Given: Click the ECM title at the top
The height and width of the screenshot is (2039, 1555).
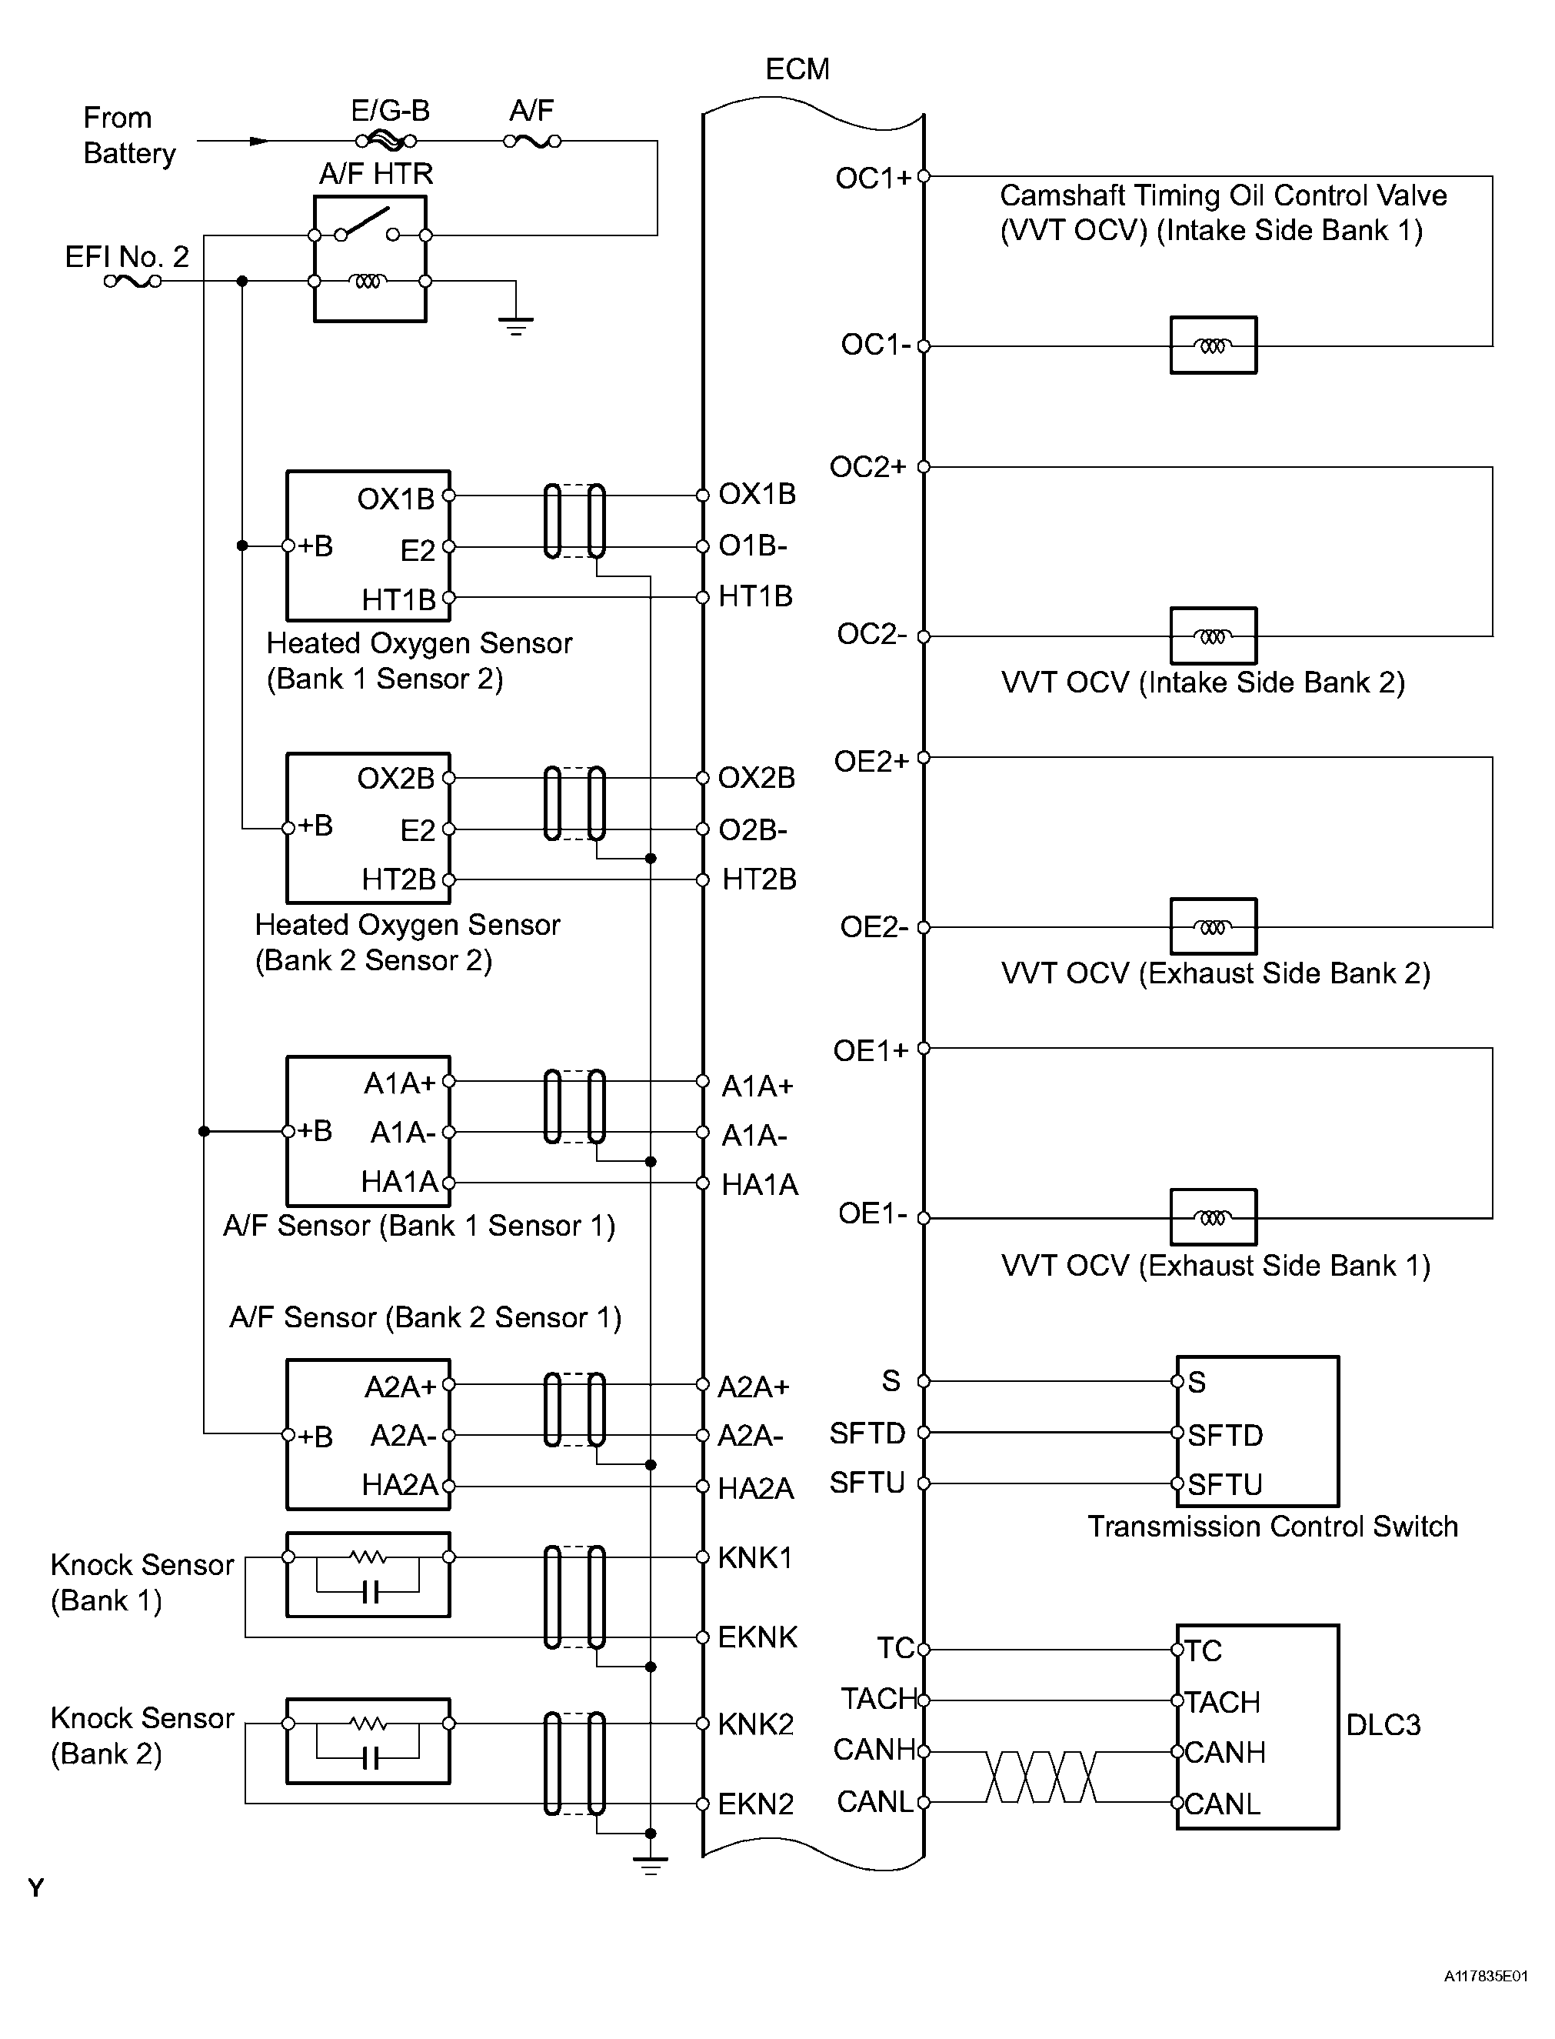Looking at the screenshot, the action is click(x=797, y=69).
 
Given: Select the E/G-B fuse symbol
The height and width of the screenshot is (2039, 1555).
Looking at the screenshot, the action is click(x=386, y=141).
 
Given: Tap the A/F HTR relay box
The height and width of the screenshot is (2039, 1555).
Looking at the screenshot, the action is click(x=369, y=259).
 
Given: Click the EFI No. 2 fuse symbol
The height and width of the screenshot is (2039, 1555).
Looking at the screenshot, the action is click(x=132, y=281).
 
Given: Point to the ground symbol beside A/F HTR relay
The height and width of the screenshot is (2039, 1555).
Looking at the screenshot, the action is click(x=515, y=325).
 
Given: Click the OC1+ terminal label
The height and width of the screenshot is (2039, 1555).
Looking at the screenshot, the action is click(x=874, y=178).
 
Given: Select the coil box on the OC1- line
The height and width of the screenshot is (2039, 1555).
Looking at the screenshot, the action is click(x=1213, y=345).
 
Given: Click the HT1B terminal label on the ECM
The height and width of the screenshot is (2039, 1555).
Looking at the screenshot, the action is click(x=755, y=596).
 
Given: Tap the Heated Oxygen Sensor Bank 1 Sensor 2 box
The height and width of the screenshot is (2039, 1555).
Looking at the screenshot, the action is click(x=368, y=546).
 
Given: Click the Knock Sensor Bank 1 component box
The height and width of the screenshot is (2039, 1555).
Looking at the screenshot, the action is click(x=368, y=1575).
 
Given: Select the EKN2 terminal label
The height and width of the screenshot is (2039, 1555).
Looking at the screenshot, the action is click(x=755, y=1804).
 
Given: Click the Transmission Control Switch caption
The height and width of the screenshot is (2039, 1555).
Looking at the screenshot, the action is click(x=1273, y=1526).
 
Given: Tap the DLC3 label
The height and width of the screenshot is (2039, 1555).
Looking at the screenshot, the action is click(x=1383, y=1724).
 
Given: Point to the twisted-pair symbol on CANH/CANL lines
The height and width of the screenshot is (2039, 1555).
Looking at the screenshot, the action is click(x=1041, y=1777).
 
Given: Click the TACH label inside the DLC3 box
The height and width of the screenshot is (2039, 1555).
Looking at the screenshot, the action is click(x=1222, y=1701).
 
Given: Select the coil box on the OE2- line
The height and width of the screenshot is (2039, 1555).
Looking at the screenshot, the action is click(x=1213, y=926).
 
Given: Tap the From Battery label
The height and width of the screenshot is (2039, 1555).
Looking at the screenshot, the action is click(x=128, y=135).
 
